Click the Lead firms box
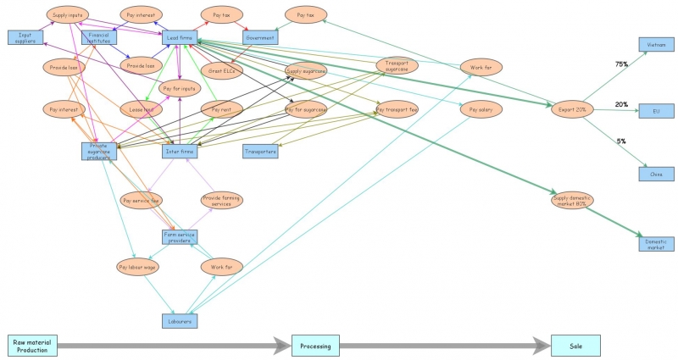tap(180, 38)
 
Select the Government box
tap(260, 38)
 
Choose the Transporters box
tap(260, 152)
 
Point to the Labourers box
tap(179, 321)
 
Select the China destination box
tap(656, 174)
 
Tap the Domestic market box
tap(656, 244)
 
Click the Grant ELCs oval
tap(221, 70)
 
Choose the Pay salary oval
tap(481, 109)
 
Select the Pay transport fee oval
tap(397, 109)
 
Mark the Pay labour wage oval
tap(136, 266)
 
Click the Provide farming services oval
tap(221, 200)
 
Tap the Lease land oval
tap(142, 109)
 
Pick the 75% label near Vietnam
tap(621, 64)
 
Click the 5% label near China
tap(621, 141)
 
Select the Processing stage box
tap(315, 346)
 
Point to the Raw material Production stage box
tap(32, 346)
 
